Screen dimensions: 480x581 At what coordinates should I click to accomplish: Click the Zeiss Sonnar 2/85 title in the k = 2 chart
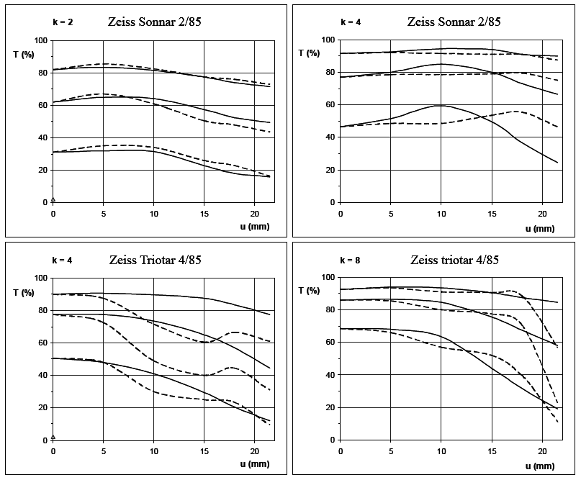click(154, 22)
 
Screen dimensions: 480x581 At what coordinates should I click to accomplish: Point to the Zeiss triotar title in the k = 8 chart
click(454, 260)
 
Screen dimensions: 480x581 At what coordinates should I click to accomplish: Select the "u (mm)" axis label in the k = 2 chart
click(253, 228)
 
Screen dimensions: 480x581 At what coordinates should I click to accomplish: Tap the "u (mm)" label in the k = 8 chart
click(540, 466)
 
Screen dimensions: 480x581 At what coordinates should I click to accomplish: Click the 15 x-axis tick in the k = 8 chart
click(492, 451)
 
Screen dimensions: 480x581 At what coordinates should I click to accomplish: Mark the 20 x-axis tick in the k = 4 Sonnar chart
click(542, 214)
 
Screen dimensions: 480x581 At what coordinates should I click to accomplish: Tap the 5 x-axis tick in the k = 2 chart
click(103, 214)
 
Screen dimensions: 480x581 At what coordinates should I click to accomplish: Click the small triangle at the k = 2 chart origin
click(53, 199)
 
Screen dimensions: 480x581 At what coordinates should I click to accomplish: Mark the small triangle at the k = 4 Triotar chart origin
click(53, 437)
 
